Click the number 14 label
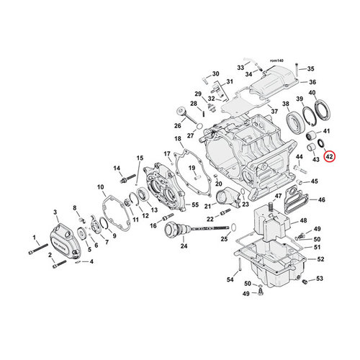(x=114, y=168)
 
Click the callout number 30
(x=215, y=74)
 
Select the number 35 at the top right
(x=312, y=69)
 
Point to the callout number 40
(x=312, y=93)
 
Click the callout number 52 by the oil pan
(x=320, y=258)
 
